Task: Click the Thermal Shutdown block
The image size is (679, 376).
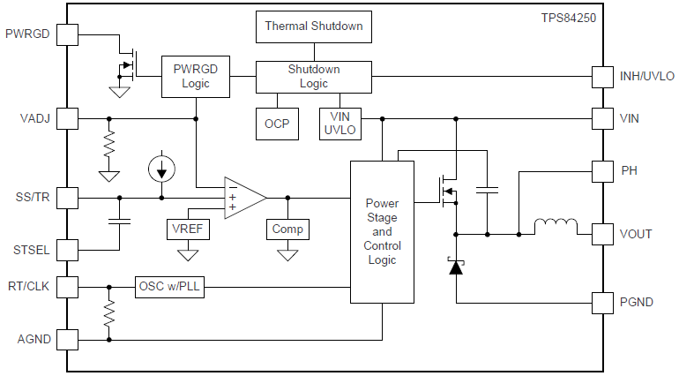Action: pyautogui.click(x=314, y=26)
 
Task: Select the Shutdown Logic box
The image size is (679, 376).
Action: pyautogui.click(x=314, y=77)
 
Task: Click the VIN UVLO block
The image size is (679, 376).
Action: pyautogui.click(x=339, y=124)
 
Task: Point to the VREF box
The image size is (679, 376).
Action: pyautogui.click(x=188, y=229)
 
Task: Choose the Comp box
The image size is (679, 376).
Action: pyautogui.click(x=287, y=229)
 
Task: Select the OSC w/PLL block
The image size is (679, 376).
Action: pyautogui.click(x=169, y=287)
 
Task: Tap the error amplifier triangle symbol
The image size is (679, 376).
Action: pyautogui.click(x=242, y=198)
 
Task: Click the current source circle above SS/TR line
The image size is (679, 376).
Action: pyautogui.click(x=160, y=168)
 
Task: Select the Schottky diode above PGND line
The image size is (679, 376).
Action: pyautogui.click(x=456, y=265)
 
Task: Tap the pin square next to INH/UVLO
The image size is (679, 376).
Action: pyautogui.click(x=603, y=77)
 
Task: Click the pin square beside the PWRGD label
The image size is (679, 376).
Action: pyautogui.click(x=67, y=35)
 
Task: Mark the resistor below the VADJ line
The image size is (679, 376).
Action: pyautogui.click(x=109, y=146)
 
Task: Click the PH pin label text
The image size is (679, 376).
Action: pyautogui.click(x=629, y=169)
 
